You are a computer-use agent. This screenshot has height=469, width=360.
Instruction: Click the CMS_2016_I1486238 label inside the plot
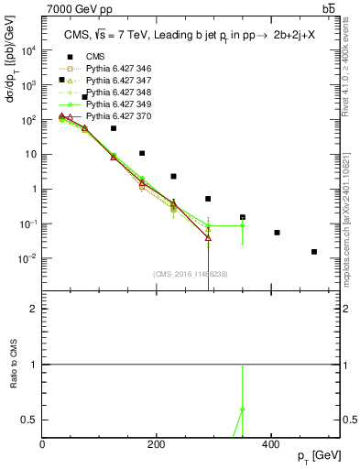(x=190, y=274)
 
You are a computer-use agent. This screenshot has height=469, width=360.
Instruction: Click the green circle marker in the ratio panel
(x=243, y=409)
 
